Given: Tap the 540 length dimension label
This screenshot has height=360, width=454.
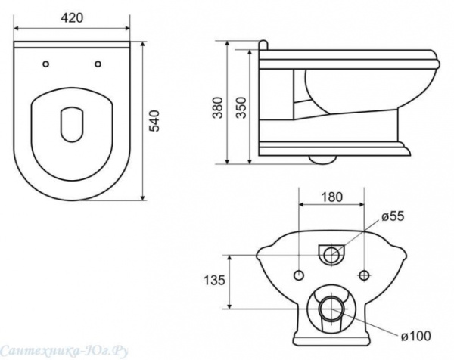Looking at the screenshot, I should (x=156, y=120).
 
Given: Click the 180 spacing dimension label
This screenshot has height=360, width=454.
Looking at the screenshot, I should (x=331, y=197).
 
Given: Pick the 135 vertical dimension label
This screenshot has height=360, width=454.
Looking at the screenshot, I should (x=215, y=281).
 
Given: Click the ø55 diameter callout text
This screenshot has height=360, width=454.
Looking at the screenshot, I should (x=395, y=217).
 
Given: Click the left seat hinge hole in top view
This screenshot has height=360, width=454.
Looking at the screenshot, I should (x=48, y=64).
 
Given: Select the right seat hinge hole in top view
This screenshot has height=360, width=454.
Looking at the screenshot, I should (x=99, y=64).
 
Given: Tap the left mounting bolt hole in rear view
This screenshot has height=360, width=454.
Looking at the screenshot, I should (x=300, y=274).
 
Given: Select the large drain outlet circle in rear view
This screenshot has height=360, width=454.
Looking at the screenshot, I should (x=331, y=309).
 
